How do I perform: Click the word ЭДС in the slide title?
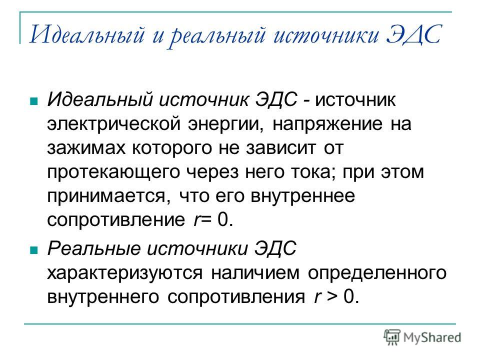[413, 34]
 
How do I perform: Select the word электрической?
[113, 124]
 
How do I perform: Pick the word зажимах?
[86, 148]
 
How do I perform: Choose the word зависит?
[280, 148]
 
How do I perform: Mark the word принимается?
[106, 196]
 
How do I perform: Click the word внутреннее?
[303, 196]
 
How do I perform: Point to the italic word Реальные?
[93, 248]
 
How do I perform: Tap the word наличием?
[255, 272]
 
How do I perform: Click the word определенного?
[377, 273]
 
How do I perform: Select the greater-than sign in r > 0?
[331, 296]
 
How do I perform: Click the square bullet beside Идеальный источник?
[33, 101]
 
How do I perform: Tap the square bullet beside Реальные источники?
[33, 250]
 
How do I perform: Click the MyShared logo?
[422, 337]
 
